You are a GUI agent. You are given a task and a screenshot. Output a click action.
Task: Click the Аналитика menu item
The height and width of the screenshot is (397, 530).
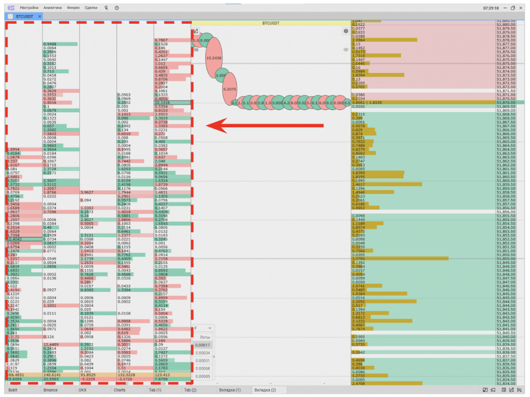[53, 8]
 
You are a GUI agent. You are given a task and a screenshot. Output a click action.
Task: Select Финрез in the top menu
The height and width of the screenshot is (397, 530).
[73, 8]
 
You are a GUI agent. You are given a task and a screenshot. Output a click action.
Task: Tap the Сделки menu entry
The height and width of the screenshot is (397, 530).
[91, 8]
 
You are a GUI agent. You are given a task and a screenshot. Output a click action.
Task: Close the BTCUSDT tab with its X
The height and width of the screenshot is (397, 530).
[40, 17]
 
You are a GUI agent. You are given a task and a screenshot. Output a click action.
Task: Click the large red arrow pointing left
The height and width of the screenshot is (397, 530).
[264, 125]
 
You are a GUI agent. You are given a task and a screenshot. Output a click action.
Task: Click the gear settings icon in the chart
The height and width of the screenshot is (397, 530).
[346, 31]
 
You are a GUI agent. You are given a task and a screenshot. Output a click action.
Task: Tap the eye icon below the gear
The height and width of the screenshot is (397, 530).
[346, 50]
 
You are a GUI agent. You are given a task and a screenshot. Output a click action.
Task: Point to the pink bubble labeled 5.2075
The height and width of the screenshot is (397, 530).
[229, 89]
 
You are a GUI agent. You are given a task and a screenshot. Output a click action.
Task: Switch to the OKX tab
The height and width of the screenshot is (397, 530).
[83, 390]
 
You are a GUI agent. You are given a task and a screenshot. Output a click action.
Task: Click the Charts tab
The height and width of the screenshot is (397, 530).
[120, 390]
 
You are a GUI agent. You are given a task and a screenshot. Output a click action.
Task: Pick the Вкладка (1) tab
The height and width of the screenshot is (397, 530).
[230, 390]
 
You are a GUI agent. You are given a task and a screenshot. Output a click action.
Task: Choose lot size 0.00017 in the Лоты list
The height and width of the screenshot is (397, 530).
[203, 345]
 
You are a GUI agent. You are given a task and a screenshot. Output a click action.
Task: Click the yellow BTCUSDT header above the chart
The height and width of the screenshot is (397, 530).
[270, 23]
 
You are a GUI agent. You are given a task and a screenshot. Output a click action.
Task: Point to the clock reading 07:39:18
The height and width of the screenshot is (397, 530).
[491, 8]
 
